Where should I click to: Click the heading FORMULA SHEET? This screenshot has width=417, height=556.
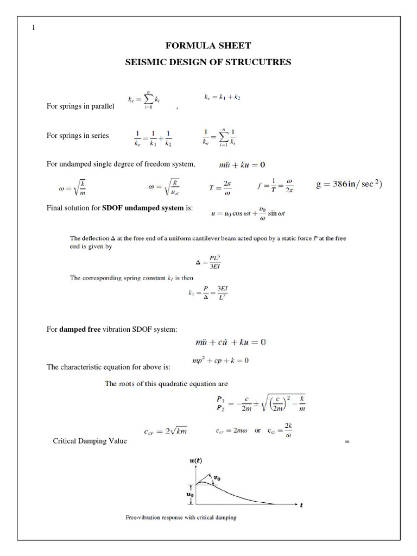208,46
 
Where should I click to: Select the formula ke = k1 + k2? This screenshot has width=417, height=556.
222,97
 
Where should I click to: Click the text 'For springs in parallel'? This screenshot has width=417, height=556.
80,106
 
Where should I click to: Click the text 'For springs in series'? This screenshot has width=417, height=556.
78,136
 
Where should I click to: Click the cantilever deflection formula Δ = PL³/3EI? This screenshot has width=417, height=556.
207,262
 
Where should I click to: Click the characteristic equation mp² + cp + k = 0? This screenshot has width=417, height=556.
220,361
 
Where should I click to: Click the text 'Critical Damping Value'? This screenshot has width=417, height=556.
90,441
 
